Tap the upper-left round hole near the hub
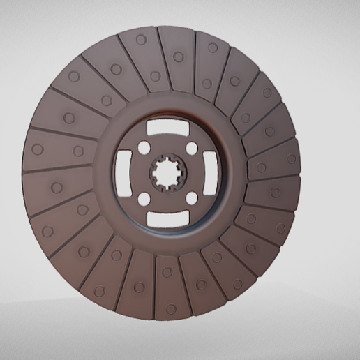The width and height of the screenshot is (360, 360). tap(142, 149)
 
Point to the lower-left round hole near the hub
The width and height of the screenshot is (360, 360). tap(142, 200)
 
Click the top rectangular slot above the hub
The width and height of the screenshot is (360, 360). tap(166, 129)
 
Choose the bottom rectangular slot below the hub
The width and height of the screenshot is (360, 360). tap(166, 220)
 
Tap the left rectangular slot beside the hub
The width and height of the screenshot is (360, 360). tap(123, 174)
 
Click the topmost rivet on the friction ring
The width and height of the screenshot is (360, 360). tap(142, 40)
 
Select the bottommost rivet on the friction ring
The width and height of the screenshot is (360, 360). tap(171, 308)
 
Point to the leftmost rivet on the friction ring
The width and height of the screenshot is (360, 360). tap(37, 149)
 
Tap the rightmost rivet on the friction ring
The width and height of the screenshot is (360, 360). tap(292, 159)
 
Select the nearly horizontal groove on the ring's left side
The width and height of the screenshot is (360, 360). tap(56, 170)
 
